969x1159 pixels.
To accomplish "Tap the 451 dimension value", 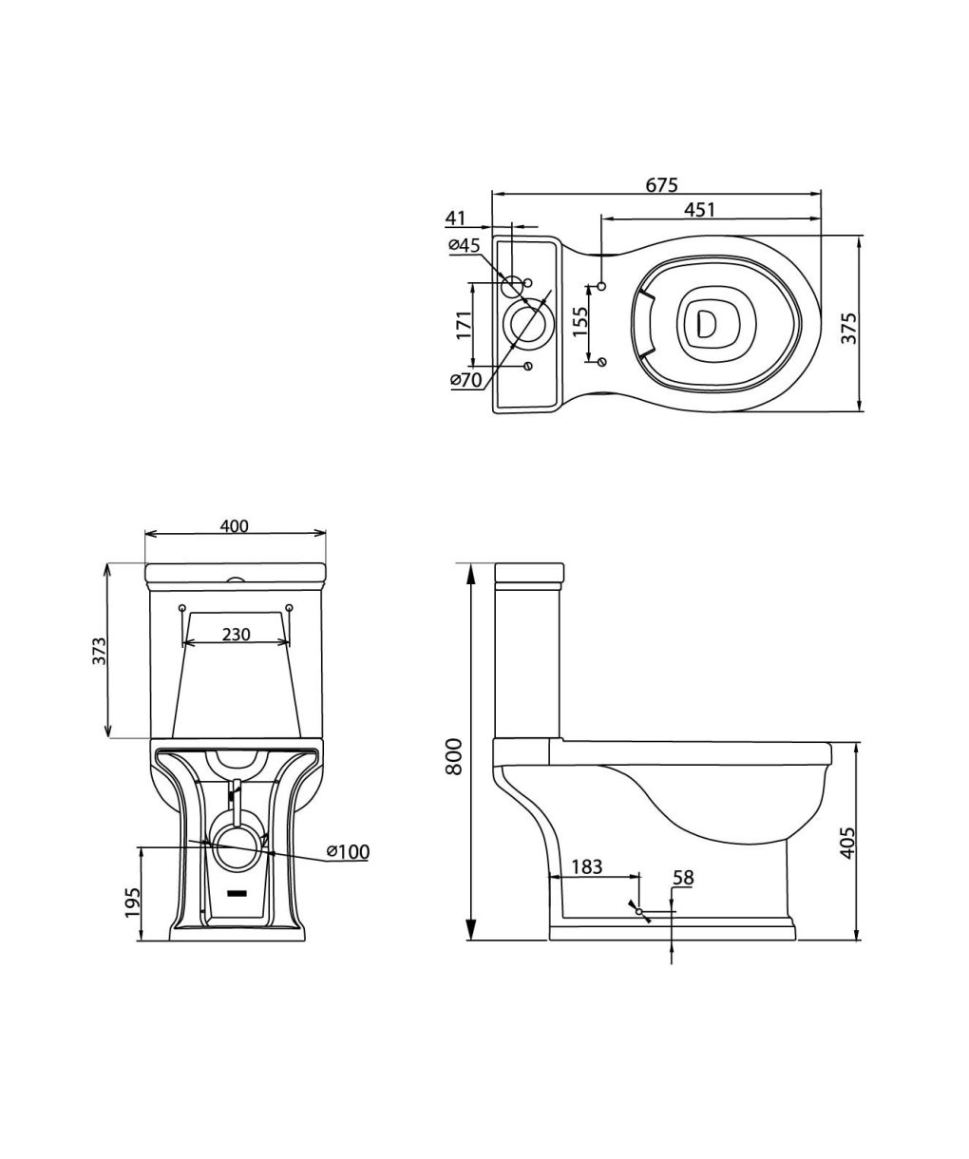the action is coord(699,209).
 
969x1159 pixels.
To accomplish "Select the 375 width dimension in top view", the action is coord(848,329).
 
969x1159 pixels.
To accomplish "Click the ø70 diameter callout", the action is coord(465,380).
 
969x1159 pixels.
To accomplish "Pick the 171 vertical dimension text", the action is coord(464,326).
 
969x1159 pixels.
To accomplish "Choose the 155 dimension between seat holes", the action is coord(579,322).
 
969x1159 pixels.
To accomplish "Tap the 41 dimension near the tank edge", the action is coord(455,218).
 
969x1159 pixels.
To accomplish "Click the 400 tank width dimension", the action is coord(235,525).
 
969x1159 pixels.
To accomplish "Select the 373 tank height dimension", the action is coord(99,651).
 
